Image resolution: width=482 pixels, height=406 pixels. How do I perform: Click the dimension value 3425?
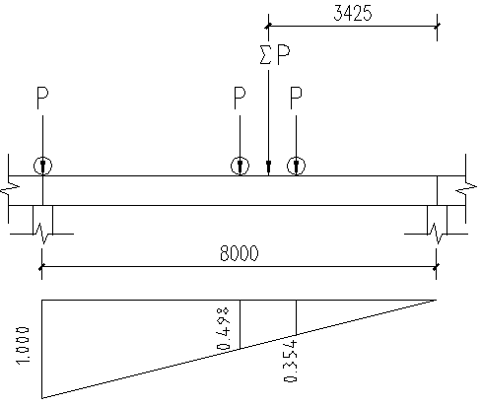pyautogui.click(x=353, y=13)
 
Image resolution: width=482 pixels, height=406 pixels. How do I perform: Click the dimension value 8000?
pyautogui.click(x=239, y=253)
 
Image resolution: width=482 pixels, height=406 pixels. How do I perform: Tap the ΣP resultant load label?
pyautogui.click(x=275, y=54)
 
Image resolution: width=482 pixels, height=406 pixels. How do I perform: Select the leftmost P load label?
pyautogui.click(x=42, y=98)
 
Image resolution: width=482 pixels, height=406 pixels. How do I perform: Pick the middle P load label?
pyautogui.click(x=240, y=98)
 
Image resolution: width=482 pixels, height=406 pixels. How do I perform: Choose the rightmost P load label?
pyautogui.click(x=296, y=98)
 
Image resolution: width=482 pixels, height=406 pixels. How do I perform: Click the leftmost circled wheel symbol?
pyautogui.click(x=42, y=166)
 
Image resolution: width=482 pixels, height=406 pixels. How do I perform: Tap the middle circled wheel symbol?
pyautogui.click(x=240, y=166)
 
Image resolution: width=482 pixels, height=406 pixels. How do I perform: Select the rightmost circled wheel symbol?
pyautogui.click(x=296, y=166)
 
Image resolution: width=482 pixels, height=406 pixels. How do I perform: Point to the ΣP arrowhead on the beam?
pyautogui.click(x=268, y=168)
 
